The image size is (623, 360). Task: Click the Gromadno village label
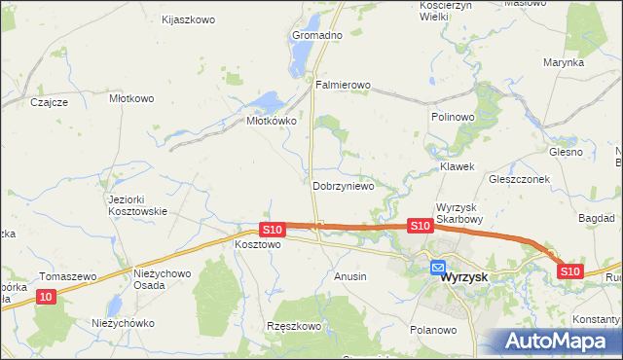[x=317, y=35]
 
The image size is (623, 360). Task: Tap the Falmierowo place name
[x=343, y=85]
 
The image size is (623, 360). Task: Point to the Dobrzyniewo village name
[x=343, y=185]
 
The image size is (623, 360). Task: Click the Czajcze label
[x=49, y=102]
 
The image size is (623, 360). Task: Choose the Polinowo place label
[x=452, y=116]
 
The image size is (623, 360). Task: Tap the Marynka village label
[x=564, y=62]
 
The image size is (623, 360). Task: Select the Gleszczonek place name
[x=520, y=180]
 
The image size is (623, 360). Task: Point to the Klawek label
[x=457, y=166]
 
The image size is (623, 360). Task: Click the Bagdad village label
[x=596, y=219]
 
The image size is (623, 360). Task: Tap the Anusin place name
[x=350, y=276]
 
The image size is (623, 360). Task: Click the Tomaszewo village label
[x=67, y=276]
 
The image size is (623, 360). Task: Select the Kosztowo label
[x=258, y=245]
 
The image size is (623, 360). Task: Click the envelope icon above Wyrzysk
[x=438, y=267]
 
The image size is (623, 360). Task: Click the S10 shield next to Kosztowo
[x=272, y=230]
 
